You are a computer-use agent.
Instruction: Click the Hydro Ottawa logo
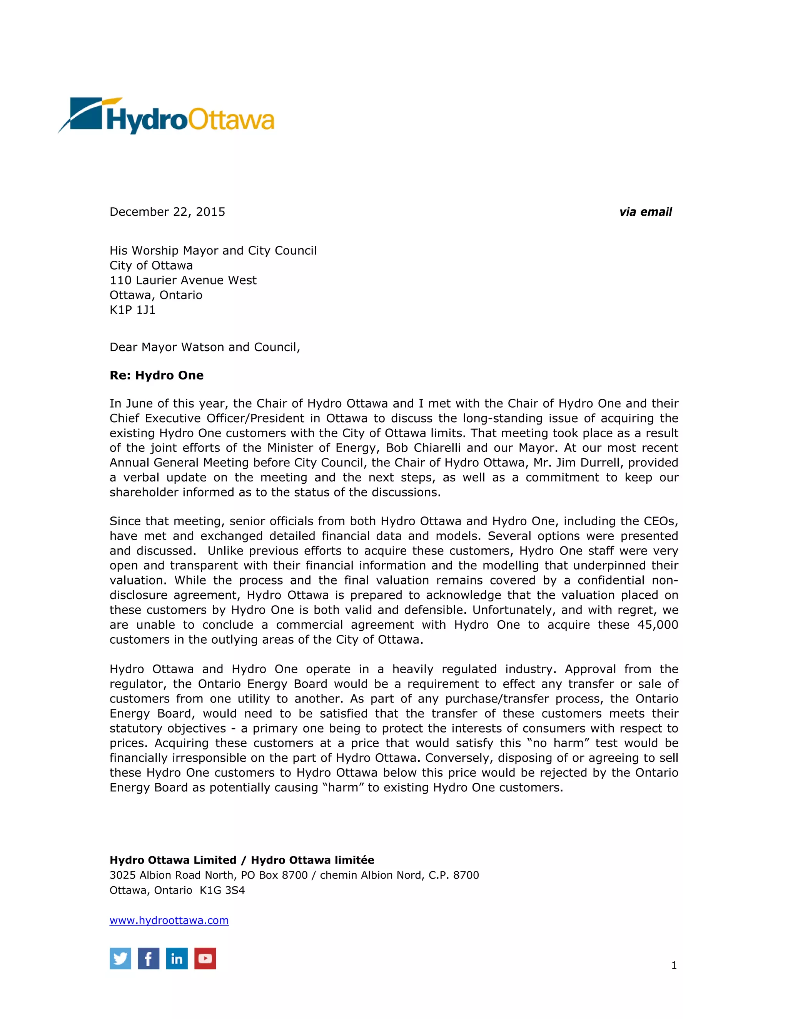[166, 116]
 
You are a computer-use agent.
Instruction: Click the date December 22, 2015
[167, 212]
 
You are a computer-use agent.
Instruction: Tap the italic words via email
[645, 212]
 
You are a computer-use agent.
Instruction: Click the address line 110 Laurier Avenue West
[183, 280]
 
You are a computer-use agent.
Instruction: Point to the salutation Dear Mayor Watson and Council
[204, 347]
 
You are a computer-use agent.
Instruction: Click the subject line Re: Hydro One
[156, 375]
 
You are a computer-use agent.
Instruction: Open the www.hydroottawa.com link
[169, 920]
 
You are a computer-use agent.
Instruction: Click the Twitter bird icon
[120, 958]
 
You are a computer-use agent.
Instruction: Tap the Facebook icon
[149, 958]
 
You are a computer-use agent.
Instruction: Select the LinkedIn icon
[177, 958]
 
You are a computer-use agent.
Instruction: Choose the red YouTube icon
[205, 958]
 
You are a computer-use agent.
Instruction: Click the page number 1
[674, 965]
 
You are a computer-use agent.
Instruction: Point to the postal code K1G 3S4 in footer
[222, 890]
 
